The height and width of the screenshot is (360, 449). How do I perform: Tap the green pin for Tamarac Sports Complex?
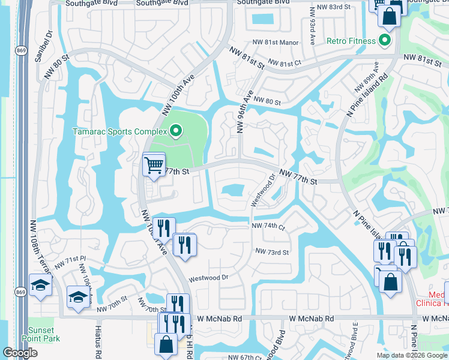pos(175,130)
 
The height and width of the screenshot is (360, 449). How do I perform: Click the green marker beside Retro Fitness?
pos(385,41)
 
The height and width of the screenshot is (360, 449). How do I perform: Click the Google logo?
pos(20,353)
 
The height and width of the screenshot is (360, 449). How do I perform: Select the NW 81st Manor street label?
pos(276,43)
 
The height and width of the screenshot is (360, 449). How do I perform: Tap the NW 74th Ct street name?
pos(268,226)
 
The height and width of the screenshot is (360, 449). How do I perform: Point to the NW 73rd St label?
pos(272,252)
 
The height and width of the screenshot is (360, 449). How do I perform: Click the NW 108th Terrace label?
pos(32,248)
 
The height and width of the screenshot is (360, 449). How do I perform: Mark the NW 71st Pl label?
pos(70,261)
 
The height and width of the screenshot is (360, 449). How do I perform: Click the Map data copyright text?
pos(412,355)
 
